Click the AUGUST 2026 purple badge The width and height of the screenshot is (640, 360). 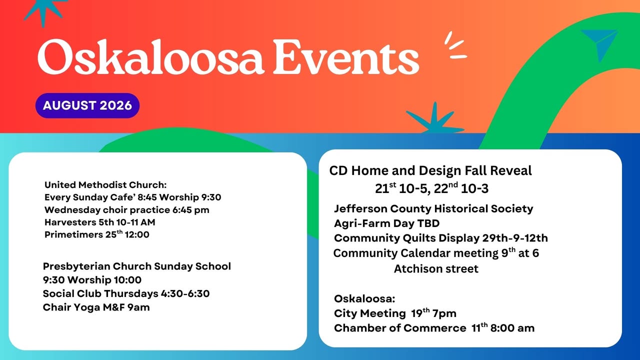pyautogui.click(x=87, y=105)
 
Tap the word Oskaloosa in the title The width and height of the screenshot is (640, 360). pyautogui.click(x=150, y=57)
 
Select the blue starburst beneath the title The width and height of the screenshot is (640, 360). pyautogui.click(x=435, y=119)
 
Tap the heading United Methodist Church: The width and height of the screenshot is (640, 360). pyautogui.click(x=105, y=185)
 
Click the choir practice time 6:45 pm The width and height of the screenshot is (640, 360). pyautogui.click(x=190, y=210)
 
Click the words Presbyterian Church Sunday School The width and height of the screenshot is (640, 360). pyautogui.click(x=137, y=266)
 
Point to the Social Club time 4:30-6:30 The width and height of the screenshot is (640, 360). pyautogui.click(x=185, y=293)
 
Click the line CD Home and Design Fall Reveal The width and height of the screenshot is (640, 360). pyautogui.click(x=430, y=171)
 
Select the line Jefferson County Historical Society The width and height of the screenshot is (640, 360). pyautogui.click(x=433, y=209)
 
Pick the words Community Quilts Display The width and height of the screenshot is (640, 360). pyautogui.click(x=406, y=238)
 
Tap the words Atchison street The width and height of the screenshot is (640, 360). pyautogui.click(x=436, y=269)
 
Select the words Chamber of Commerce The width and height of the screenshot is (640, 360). pyautogui.click(x=400, y=328)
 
